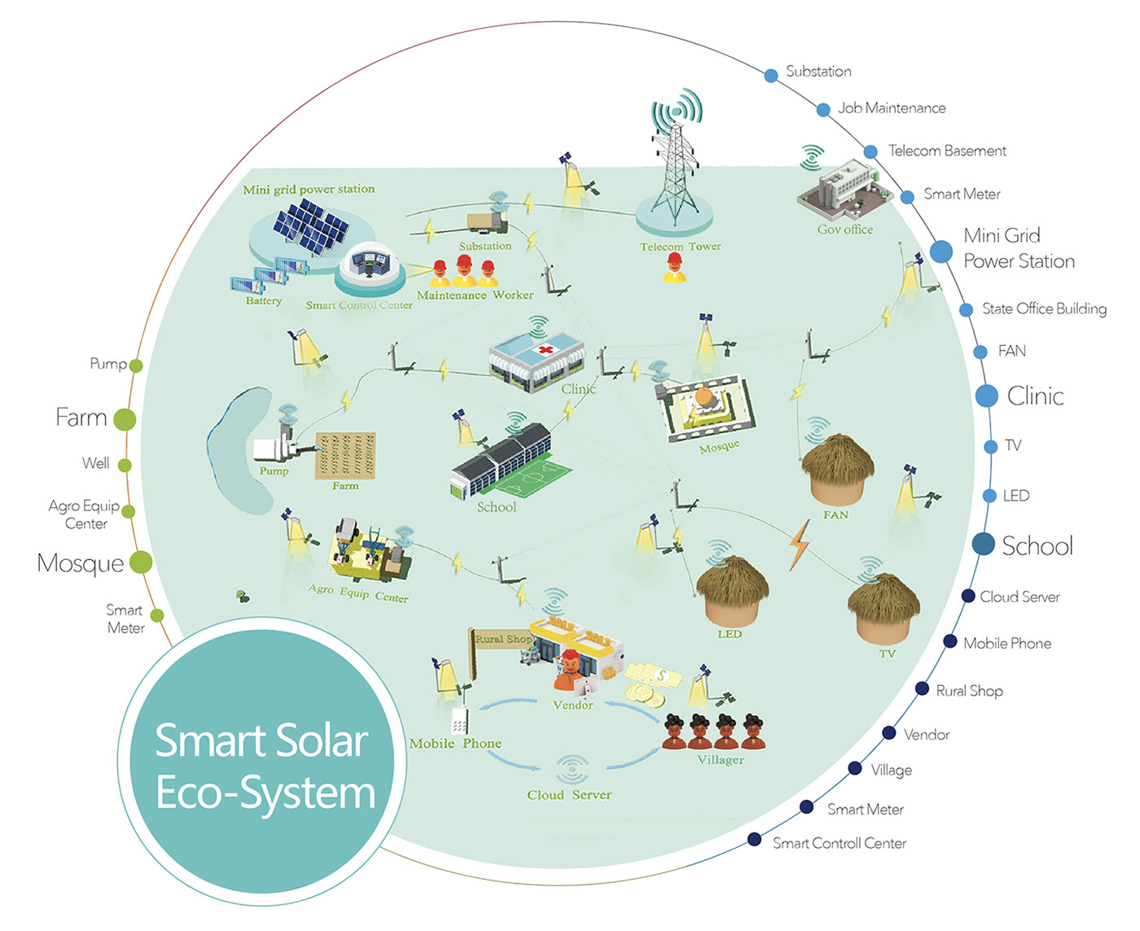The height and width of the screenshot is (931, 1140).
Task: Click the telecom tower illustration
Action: (x=674, y=162)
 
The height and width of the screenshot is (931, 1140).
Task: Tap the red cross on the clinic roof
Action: (x=546, y=350)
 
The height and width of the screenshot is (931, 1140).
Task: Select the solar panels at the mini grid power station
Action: (x=311, y=227)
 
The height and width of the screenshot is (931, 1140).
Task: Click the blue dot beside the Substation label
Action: (x=771, y=75)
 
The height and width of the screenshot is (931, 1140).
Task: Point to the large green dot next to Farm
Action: (x=125, y=419)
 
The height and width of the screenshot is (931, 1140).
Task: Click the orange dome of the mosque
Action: (x=704, y=397)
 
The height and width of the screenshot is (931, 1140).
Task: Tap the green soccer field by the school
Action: (x=533, y=475)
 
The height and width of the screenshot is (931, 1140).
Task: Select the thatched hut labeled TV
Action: (x=883, y=609)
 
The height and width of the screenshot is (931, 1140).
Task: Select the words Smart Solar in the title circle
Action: (x=261, y=741)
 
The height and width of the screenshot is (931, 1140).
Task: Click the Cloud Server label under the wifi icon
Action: (x=569, y=794)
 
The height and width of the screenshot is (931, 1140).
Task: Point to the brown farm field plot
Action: (x=345, y=456)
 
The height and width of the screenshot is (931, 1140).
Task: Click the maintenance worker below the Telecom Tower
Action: (x=674, y=268)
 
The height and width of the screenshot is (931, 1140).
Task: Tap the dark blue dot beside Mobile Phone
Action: (x=949, y=641)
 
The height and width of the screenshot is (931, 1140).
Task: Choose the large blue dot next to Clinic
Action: (x=986, y=396)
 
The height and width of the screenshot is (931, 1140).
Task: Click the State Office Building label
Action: (x=1044, y=308)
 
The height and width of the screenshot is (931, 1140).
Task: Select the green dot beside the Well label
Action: (x=125, y=465)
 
